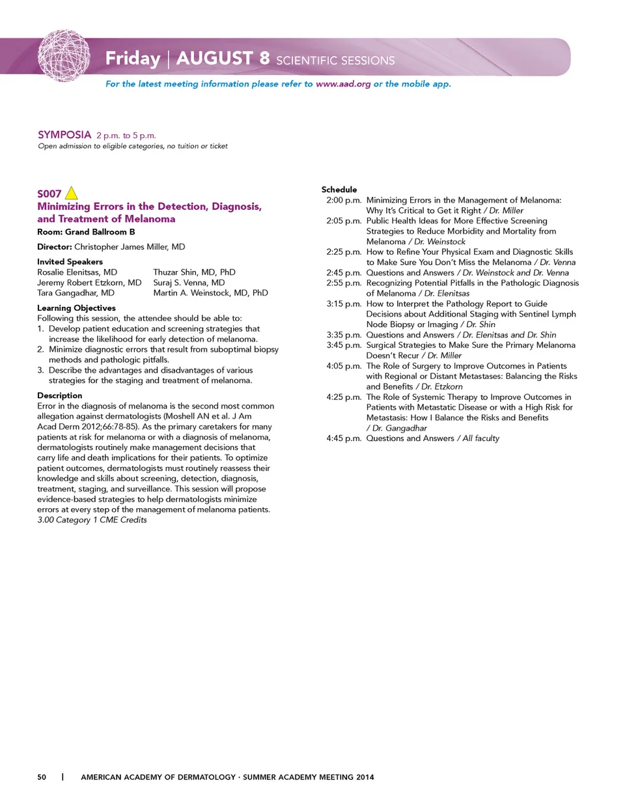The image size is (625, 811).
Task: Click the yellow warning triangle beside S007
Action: click(72, 193)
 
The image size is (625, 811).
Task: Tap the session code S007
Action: click(49, 194)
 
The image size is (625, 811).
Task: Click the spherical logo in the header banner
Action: click(64, 56)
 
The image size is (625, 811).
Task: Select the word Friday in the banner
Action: click(133, 59)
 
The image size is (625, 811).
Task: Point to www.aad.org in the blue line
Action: click(343, 84)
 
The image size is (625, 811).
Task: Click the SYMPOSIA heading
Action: click(64, 135)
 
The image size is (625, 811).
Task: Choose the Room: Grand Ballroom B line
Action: click(86, 232)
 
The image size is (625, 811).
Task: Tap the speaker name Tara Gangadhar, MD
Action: click(76, 293)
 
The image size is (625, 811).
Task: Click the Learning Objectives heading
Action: click(76, 308)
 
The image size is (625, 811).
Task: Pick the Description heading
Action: click(60, 395)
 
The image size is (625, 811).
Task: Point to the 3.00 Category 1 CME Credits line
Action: click(92, 520)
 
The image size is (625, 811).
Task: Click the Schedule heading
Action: click(339, 190)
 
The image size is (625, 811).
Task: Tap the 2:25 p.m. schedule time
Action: click(344, 252)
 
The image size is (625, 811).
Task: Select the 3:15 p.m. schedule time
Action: click(344, 304)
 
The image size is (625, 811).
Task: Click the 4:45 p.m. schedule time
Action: click(344, 438)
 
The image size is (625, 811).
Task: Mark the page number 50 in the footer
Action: click(42, 777)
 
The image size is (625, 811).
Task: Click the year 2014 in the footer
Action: click(365, 777)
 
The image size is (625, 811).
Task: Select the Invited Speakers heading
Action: click(70, 262)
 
